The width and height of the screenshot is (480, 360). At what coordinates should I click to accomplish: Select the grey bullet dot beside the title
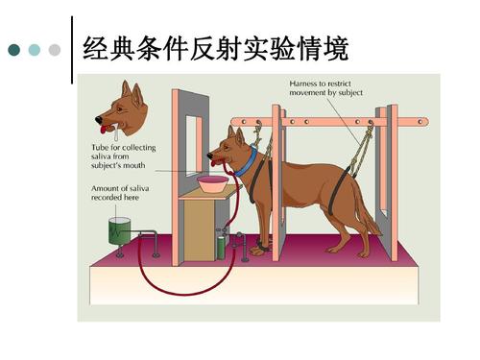coord(55,49)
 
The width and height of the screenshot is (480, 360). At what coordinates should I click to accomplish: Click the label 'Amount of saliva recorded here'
coord(114,193)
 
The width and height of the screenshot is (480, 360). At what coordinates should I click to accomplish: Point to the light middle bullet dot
coord(35,49)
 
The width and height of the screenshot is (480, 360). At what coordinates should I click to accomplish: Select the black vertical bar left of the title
coord(73,48)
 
